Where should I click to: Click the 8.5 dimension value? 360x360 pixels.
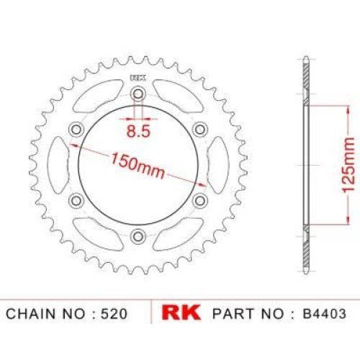pos(138,131)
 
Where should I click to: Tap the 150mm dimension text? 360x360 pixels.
pos(138,166)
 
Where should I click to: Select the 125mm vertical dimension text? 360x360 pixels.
pos(348,165)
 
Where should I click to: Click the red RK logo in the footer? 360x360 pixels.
pos(181,312)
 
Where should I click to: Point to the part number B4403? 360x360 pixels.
pos(324,313)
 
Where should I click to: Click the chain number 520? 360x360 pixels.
pos(114,314)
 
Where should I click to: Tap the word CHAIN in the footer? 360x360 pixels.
pos(30,314)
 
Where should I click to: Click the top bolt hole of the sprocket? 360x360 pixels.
pos(138,94)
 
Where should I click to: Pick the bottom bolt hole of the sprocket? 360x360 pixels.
pos(138,237)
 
